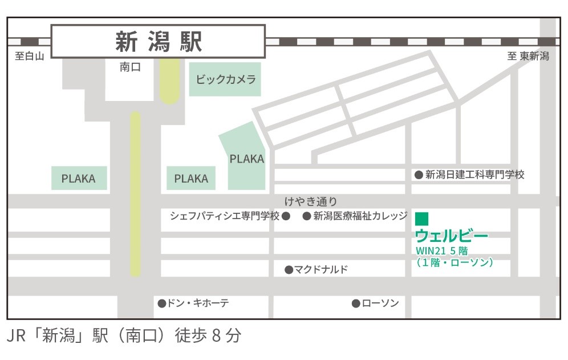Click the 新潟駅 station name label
tap(159, 42)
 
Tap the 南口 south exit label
tap(130, 67)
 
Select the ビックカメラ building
tap(225, 79)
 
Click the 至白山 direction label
tap(30, 56)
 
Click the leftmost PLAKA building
tap(79, 179)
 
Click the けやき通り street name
tap(311, 201)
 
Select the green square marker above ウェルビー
tap(421, 219)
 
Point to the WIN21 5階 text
tap(442, 251)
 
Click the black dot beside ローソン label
tap(356, 304)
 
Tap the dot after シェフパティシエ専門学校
tap(287, 216)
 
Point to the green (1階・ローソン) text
tap(455, 262)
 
